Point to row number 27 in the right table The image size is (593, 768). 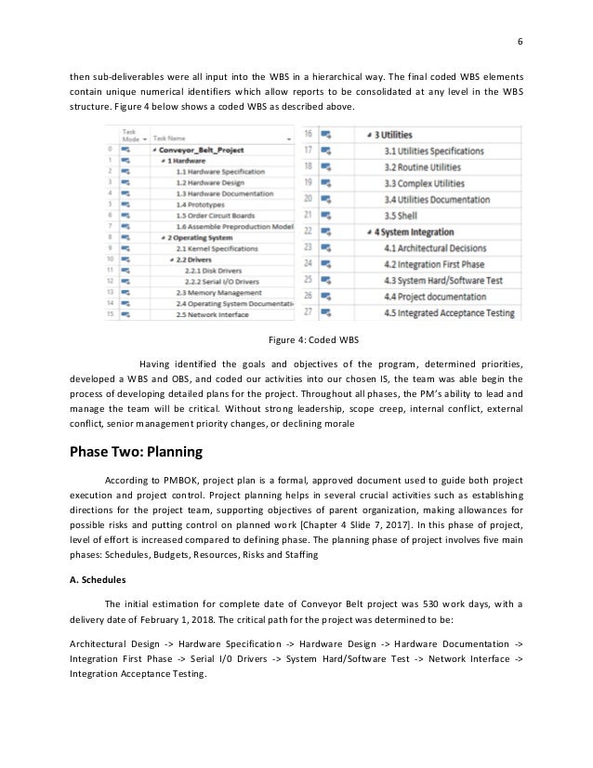pyautogui.click(x=307, y=314)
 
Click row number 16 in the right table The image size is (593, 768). pyautogui.click(x=307, y=134)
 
